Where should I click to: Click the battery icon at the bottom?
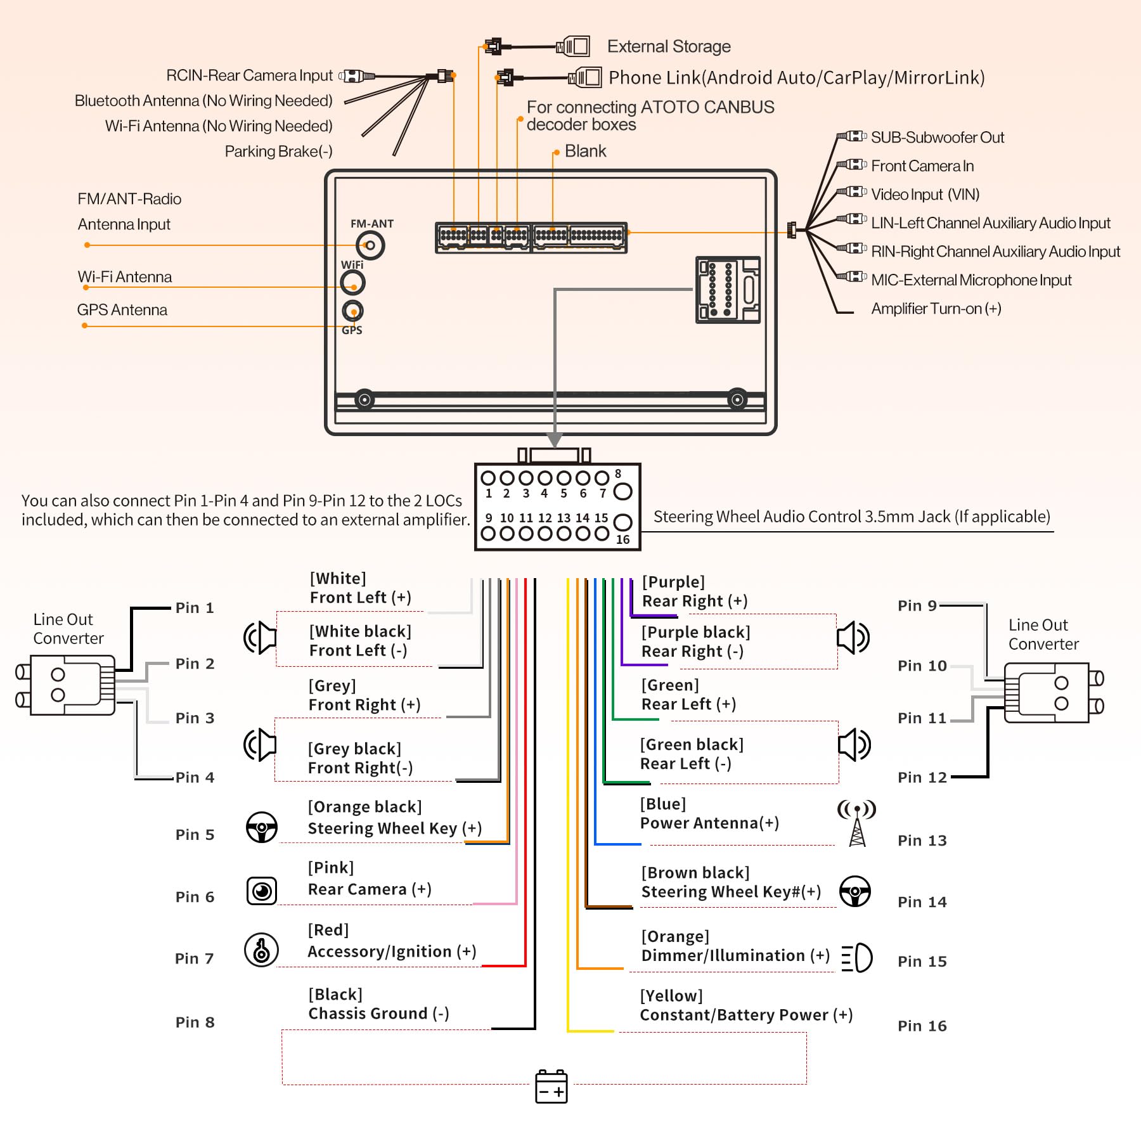tap(551, 1086)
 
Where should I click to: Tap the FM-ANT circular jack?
tap(370, 245)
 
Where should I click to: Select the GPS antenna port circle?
tap(352, 311)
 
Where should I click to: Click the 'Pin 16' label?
tap(922, 1026)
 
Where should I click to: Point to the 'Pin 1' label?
tap(195, 608)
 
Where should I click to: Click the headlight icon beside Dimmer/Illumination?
tap(857, 957)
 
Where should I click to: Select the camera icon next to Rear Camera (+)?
tap(262, 891)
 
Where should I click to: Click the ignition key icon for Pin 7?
tap(261, 950)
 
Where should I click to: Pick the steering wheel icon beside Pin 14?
tap(855, 891)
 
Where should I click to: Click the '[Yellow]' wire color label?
tap(671, 996)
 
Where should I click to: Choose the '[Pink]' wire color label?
tap(331, 868)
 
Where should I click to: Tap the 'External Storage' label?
tap(669, 46)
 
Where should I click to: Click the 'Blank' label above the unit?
tap(585, 151)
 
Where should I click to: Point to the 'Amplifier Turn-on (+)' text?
tap(936, 309)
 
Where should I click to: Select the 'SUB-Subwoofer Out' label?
tap(937, 138)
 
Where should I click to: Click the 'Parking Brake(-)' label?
tap(278, 151)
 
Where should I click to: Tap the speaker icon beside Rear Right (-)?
tap(853, 637)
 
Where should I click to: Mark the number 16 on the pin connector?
tap(623, 539)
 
